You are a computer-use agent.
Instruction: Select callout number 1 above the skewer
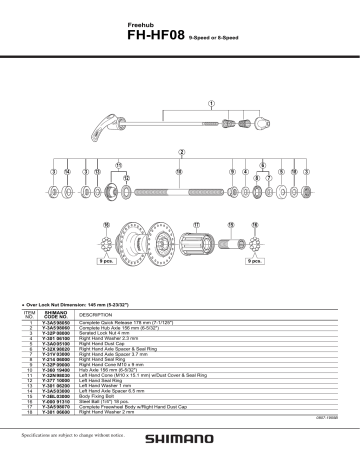coord(212,102)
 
